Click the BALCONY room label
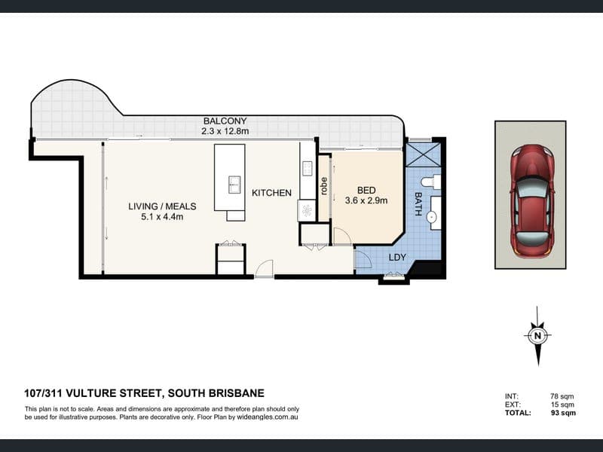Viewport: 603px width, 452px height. point(225,121)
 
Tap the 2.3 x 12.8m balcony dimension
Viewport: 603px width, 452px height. point(225,131)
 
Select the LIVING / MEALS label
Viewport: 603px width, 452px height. point(162,206)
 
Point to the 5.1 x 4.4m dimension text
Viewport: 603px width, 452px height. point(162,217)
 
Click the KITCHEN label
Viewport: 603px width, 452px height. point(271,193)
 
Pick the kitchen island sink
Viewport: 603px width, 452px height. point(234,185)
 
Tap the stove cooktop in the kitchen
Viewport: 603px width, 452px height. point(307,168)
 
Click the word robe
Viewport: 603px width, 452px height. point(323,185)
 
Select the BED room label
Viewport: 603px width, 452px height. point(366,191)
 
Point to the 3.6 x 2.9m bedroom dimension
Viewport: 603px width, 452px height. point(366,200)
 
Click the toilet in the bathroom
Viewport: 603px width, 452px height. point(430,182)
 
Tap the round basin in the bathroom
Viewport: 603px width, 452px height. point(432,218)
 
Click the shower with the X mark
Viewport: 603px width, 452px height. point(423,154)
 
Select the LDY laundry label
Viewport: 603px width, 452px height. point(397,258)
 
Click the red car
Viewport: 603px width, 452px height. point(532,200)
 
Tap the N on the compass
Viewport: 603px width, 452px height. point(537,335)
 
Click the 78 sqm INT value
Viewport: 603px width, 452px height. point(562,396)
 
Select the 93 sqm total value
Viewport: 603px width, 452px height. point(563,413)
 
